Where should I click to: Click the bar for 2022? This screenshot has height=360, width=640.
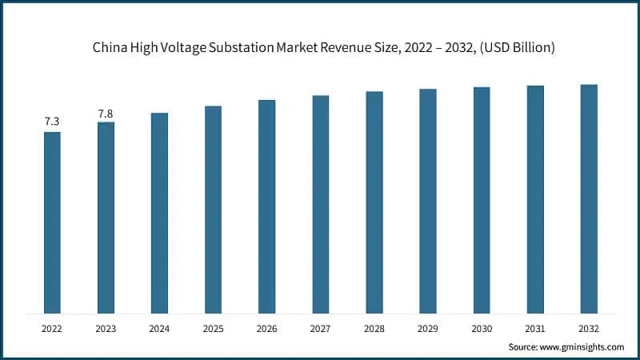(x=52, y=222)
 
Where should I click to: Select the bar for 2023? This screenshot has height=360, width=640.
(x=106, y=218)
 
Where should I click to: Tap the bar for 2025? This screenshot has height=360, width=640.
(x=213, y=210)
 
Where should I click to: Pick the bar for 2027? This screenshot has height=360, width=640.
(x=320, y=204)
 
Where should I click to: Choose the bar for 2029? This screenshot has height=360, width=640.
(x=427, y=201)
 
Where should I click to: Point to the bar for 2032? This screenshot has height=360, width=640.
(x=588, y=198)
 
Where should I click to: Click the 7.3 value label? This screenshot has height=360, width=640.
(x=52, y=122)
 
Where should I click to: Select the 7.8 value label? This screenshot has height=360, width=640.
(x=106, y=114)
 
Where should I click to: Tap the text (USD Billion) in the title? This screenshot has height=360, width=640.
(x=513, y=49)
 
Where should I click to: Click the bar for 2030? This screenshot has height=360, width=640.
(x=481, y=200)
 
